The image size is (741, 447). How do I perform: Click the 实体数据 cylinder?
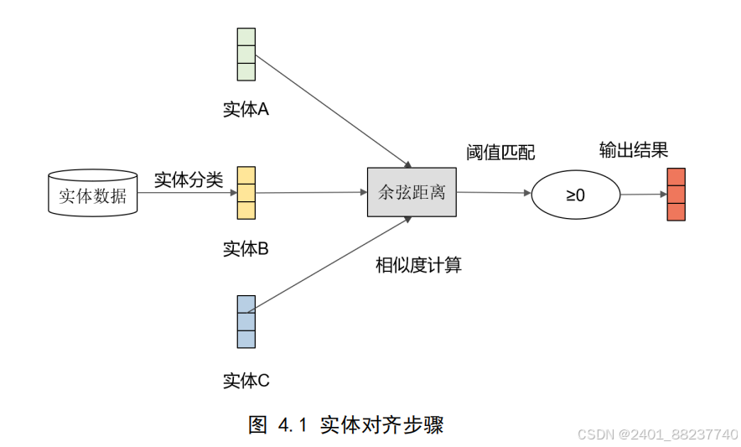point(92,195)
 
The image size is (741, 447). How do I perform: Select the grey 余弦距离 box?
point(411,192)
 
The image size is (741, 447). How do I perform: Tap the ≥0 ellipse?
point(575,195)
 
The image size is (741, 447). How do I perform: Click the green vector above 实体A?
point(246,55)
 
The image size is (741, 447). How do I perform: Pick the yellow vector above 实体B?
point(246,193)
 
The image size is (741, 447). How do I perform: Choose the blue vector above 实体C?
point(246,321)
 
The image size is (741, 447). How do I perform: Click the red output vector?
point(676,194)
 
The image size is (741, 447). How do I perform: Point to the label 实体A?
point(246,110)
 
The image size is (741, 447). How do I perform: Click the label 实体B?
point(246,249)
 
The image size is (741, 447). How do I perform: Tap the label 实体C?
point(246,381)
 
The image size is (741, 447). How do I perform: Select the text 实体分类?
point(189,179)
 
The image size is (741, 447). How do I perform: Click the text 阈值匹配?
point(500,153)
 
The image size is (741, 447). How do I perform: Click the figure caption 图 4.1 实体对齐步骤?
point(345,424)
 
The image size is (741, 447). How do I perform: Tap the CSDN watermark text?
point(657,434)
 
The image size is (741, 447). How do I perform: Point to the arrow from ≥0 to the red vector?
point(643,195)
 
